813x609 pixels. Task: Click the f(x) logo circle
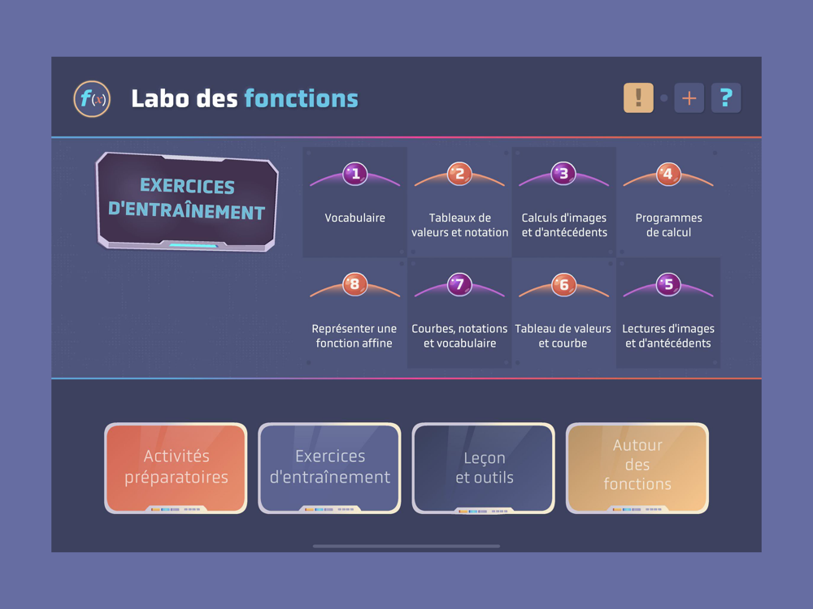pyautogui.click(x=92, y=98)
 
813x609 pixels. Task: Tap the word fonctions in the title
pyautogui.click(x=302, y=98)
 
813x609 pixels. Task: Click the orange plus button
pyautogui.click(x=689, y=98)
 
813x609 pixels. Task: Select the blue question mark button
pyautogui.click(x=726, y=98)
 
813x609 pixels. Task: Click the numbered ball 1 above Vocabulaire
pyautogui.click(x=355, y=174)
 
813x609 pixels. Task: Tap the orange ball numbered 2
pyautogui.click(x=459, y=174)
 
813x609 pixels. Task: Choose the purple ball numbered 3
pyautogui.click(x=563, y=174)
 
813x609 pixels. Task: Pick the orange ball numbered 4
pyautogui.click(x=668, y=174)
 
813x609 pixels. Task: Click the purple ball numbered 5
pyautogui.click(x=668, y=283)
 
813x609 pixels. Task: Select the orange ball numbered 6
pyautogui.click(x=563, y=283)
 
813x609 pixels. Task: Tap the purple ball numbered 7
pyautogui.click(x=459, y=283)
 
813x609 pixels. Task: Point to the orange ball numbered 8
pyautogui.click(x=355, y=283)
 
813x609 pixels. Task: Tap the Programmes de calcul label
pyautogui.click(x=669, y=225)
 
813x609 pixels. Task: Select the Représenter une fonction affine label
pyautogui.click(x=354, y=335)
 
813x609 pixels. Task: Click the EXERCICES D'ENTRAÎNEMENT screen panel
pyautogui.click(x=187, y=201)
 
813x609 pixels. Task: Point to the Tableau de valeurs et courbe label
pyautogui.click(x=563, y=335)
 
